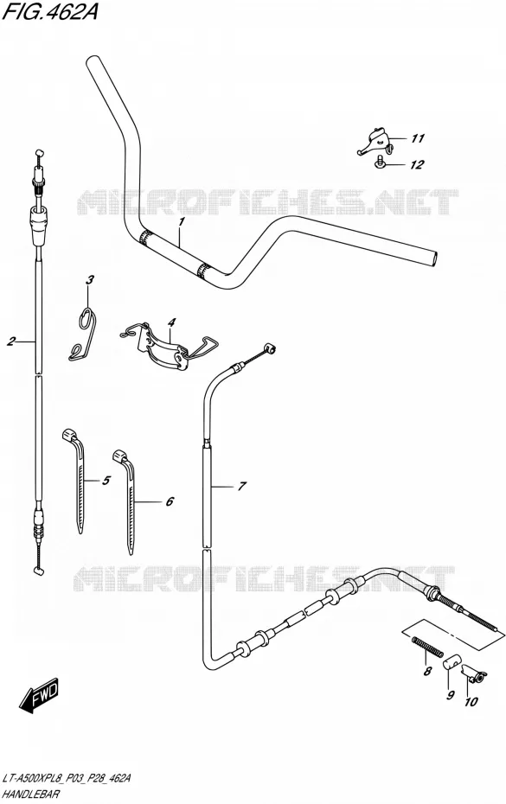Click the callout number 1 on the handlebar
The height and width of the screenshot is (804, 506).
[181, 222]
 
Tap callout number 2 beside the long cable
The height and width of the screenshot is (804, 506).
[11, 341]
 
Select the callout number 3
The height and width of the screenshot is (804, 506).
[90, 280]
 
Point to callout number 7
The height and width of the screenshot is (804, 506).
[241, 486]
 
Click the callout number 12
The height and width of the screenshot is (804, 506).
[417, 164]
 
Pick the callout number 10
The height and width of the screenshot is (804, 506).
[471, 702]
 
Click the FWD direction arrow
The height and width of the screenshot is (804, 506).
[39, 698]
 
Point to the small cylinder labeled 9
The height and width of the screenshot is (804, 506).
[452, 662]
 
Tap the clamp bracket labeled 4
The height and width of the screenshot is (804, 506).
[170, 346]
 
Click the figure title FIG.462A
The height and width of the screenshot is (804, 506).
[50, 11]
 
